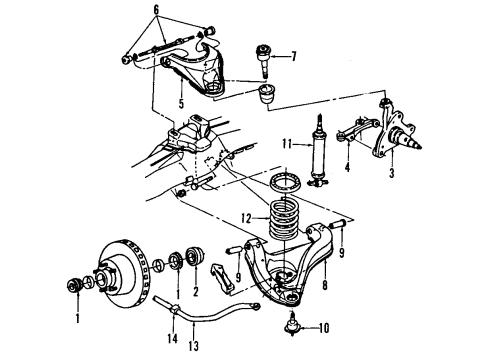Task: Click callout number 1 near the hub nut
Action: pyautogui.click(x=76, y=321)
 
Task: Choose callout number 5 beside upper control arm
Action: pyautogui.click(x=182, y=101)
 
